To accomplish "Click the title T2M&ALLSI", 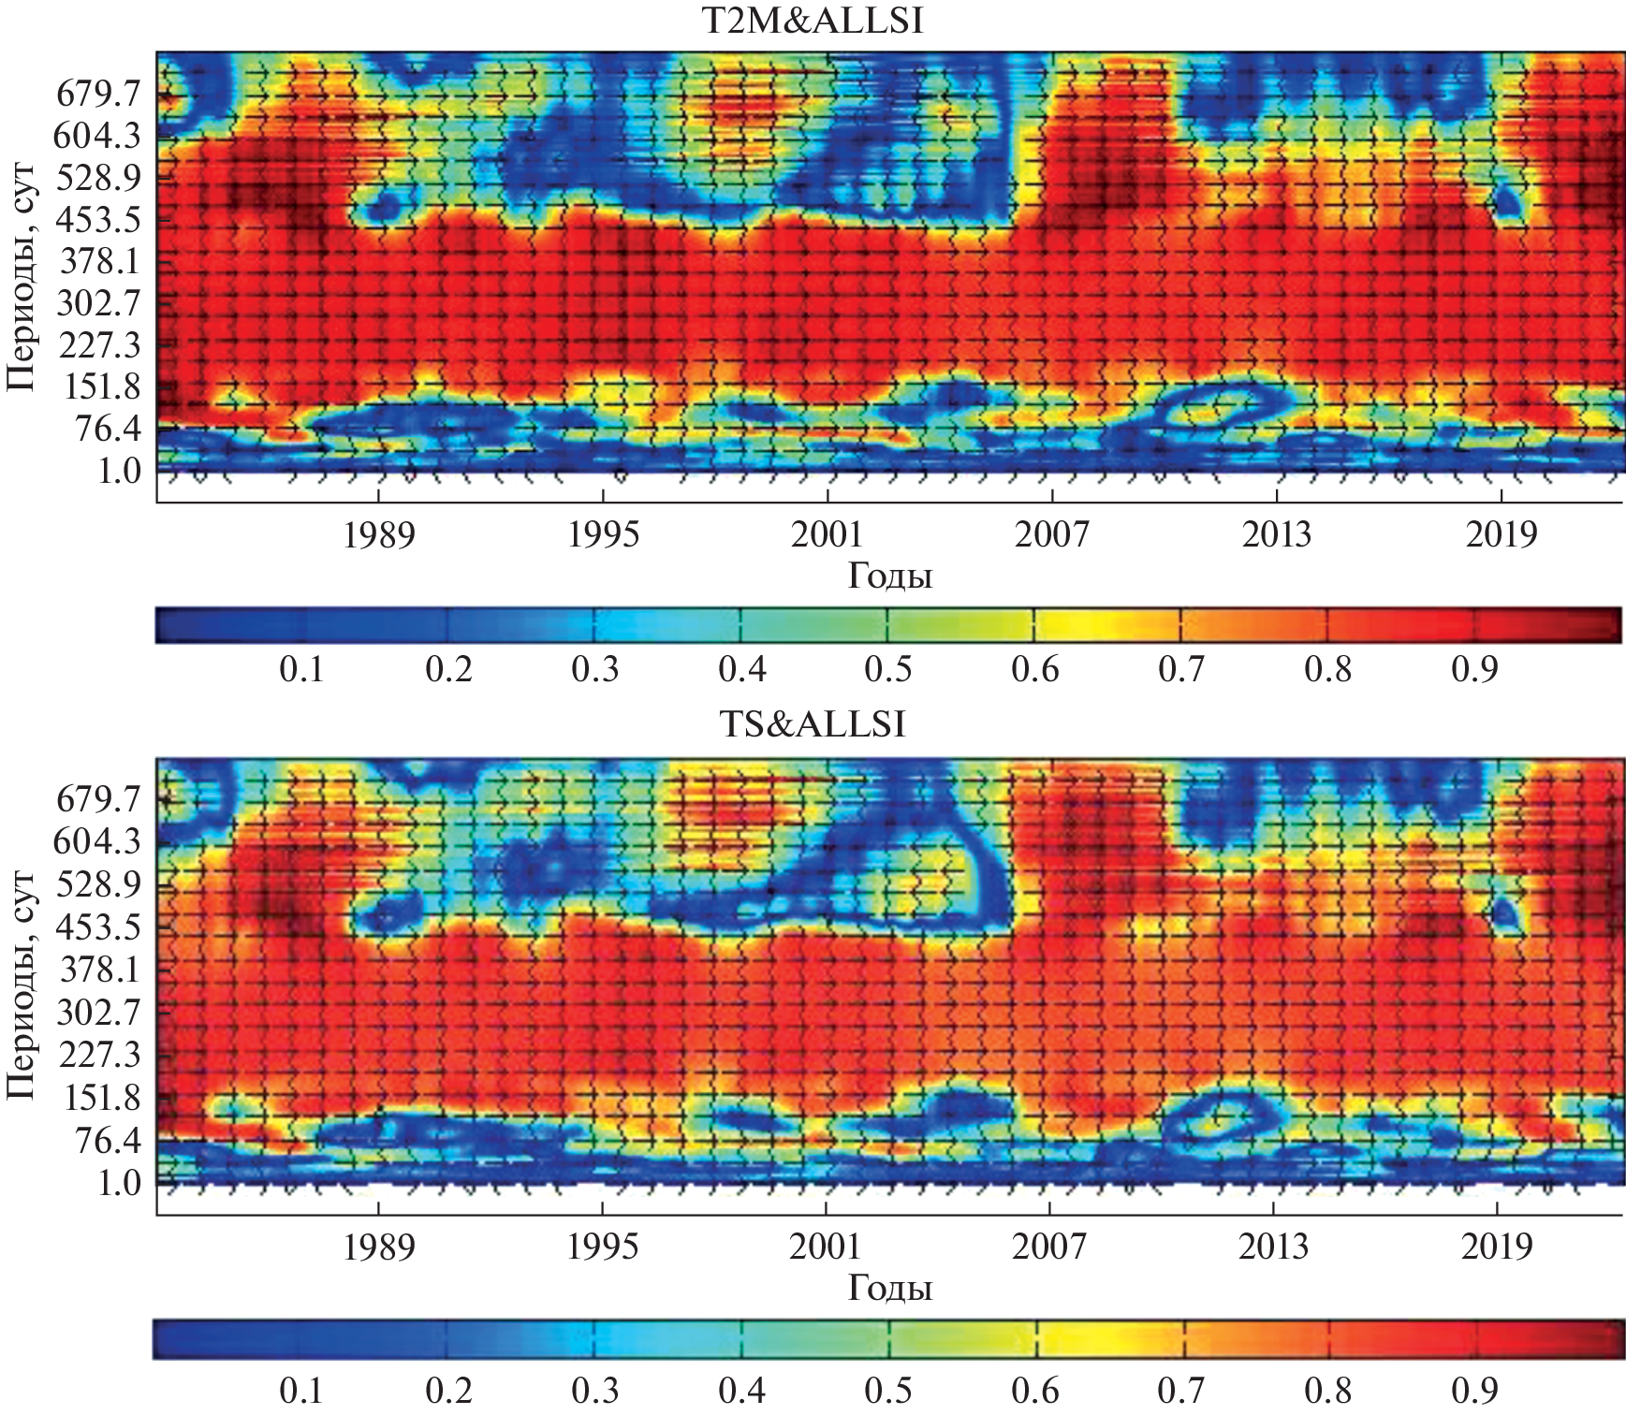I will pyautogui.click(x=813, y=21).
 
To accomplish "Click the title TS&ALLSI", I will pyautogui.click(x=813, y=724).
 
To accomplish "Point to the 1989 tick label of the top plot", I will pyautogui.click(x=378, y=534).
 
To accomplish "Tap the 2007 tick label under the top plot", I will pyautogui.click(x=1052, y=534).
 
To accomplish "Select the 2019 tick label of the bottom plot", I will pyautogui.click(x=1498, y=1247).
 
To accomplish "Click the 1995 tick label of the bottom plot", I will pyautogui.click(x=603, y=1247).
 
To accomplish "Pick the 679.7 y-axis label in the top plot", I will pyautogui.click(x=98, y=94).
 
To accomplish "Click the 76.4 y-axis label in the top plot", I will pyautogui.click(x=108, y=429).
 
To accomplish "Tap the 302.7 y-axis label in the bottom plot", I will pyautogui.click(x=98, y=1012).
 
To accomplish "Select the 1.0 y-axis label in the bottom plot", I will pyautogui.click(x=119, y=1183).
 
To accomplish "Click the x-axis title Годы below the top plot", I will pyautogui.click(x=889, y=576).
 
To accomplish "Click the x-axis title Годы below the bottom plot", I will pyautogui.click(x=889, y=1289).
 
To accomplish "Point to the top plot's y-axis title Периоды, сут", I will pyautogui.click(x=21, y=277).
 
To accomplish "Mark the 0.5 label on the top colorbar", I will pyautogui.click(x=887, y=670).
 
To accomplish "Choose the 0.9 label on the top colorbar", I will pyautogui.click(x=1474, y=670).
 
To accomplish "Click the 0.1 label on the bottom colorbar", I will pyautogui.click(x=301, y=1391).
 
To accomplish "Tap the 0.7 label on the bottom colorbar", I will pyautogui.click(x=1181, y=1391).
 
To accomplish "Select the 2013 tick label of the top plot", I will pyautogui.click(x=1277, y=534).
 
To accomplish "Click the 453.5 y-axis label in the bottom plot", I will pyautogui.click(x=98, y=927).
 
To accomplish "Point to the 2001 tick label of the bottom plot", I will pyautogui.click(x=826, y=1247).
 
